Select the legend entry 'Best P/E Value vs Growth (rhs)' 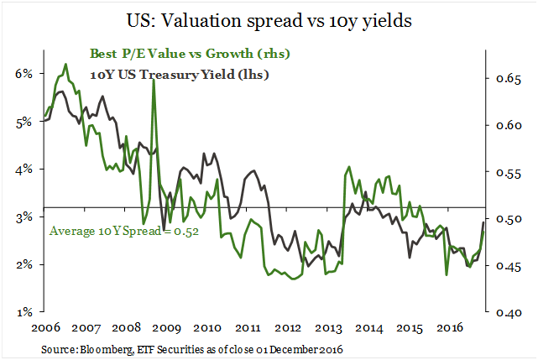coord(190,55)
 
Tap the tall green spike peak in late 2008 coord(153,81)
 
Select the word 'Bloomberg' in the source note coord(93,347)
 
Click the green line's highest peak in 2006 coord(65,64)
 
